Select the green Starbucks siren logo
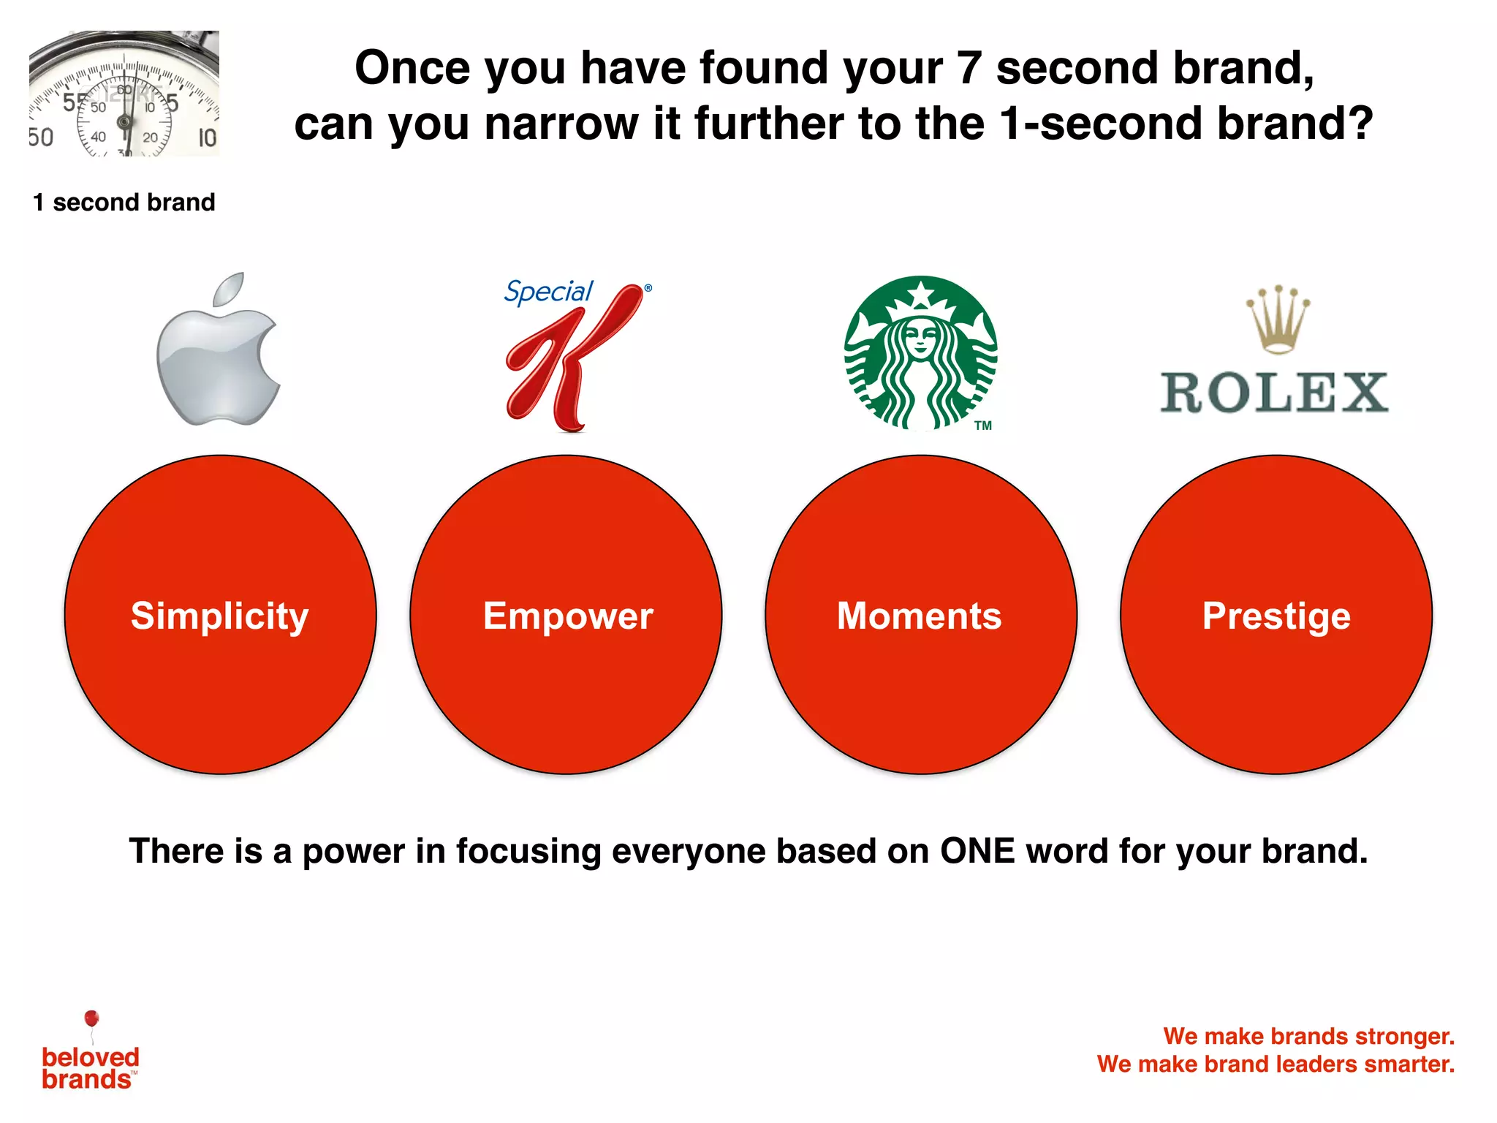click(x=921, y=353)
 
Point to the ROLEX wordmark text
click(x=1275, y=393)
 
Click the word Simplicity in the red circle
click(x=220, y=616)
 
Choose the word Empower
click(x=568, y=616)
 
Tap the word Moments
click(x=920, y=616)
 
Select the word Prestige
click(x=1276, y=616)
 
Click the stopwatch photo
click(x=124, y=94)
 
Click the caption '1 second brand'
click(x=124, y=203)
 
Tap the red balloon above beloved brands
click(x=91, y=1018)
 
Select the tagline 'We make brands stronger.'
click(x=1308, y=1036)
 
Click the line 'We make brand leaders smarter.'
click(x=1276, y=1064)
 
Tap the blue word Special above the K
click(x=548, y=292)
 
